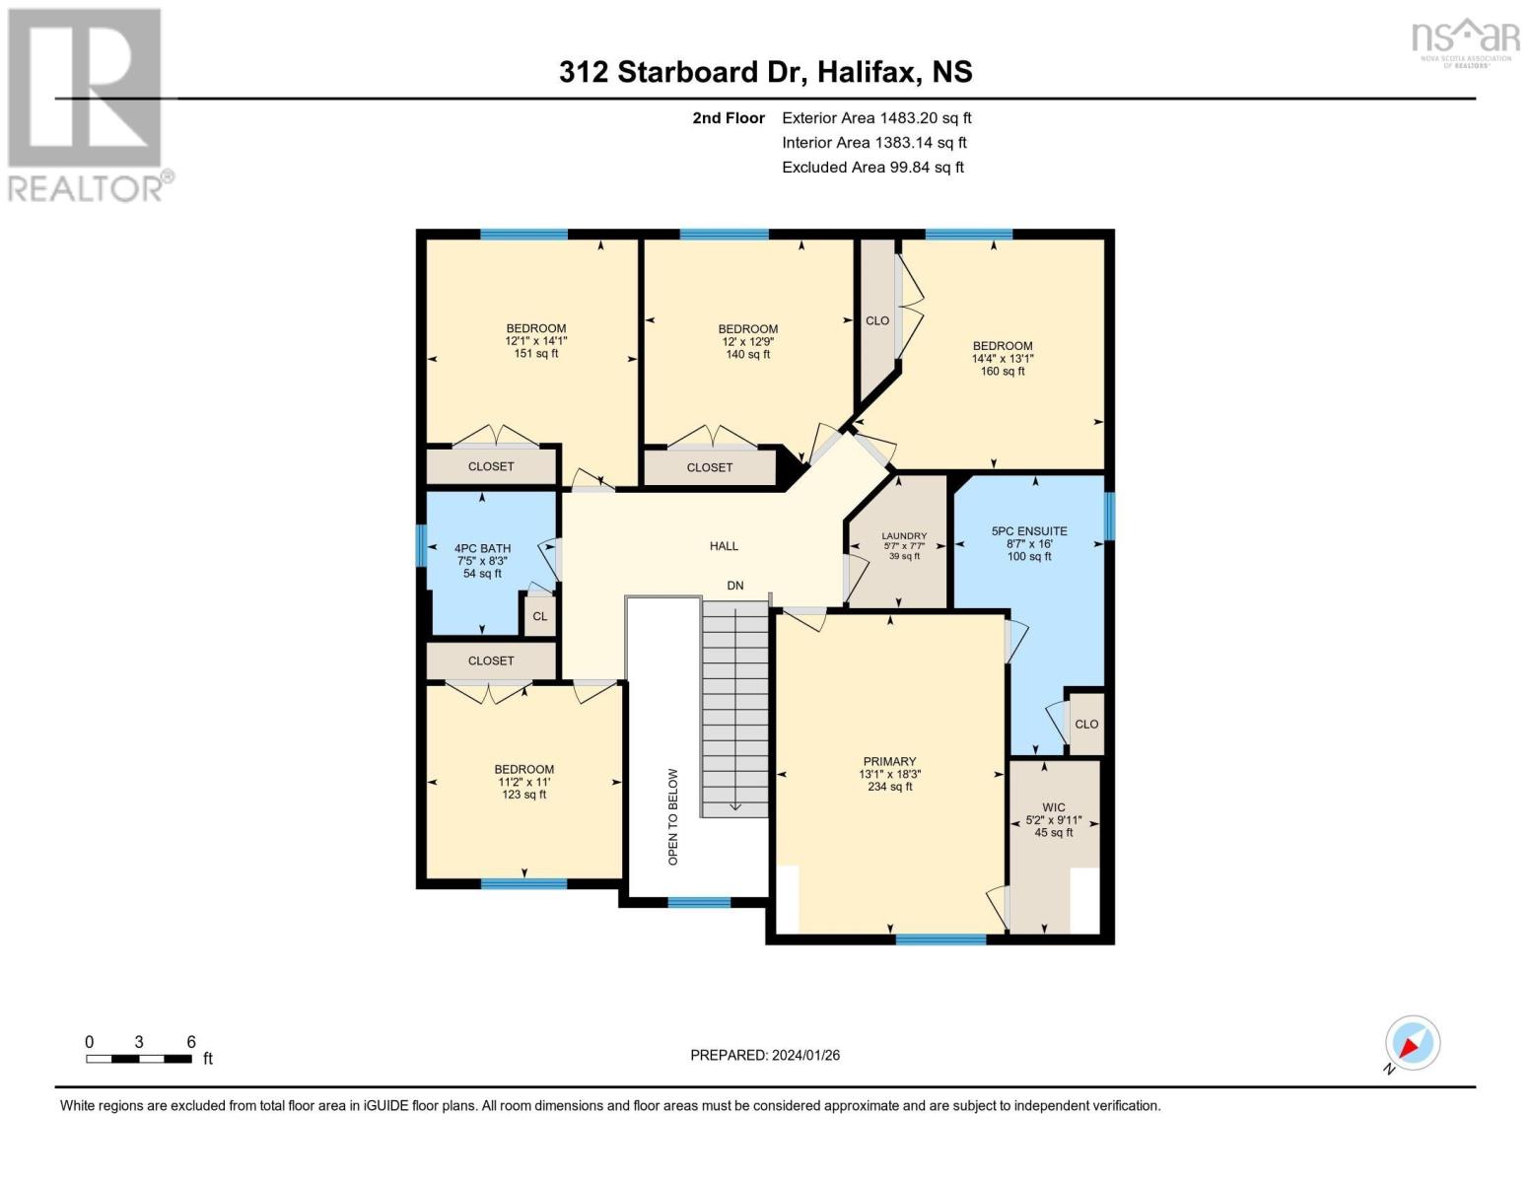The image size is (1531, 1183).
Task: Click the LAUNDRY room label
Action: click(904, 535)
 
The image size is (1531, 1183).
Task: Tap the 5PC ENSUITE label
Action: click(1028, 531)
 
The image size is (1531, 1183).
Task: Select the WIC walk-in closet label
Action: click(1053, 807)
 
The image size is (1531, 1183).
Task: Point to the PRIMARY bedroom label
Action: click(890, 762)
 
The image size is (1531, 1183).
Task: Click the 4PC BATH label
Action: click(483, 548)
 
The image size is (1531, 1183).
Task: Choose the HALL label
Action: click(724, 546)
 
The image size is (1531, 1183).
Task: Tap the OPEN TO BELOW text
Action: click(673, 816)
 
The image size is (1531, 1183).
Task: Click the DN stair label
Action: click(734, 586)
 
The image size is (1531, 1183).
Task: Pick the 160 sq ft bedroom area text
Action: click(1003, 372)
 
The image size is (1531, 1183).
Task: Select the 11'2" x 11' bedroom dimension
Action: click(524, 782)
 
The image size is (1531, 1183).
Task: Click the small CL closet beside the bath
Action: click(539, 616)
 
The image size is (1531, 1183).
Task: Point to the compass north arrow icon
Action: click(1412, 1043)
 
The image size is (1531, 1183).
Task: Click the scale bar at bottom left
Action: click(139, 1059)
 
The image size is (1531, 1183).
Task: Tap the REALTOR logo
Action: click(88, 105)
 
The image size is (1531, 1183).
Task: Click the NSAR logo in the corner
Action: click(1466, 42)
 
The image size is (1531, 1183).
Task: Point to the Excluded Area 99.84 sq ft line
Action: click(872, 167)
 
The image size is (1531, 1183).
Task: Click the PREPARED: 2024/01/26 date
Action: click(765, 1056)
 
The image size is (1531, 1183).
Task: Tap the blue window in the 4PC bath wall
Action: click(421, 545)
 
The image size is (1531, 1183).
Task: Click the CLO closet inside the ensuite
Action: click(1086, 725)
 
